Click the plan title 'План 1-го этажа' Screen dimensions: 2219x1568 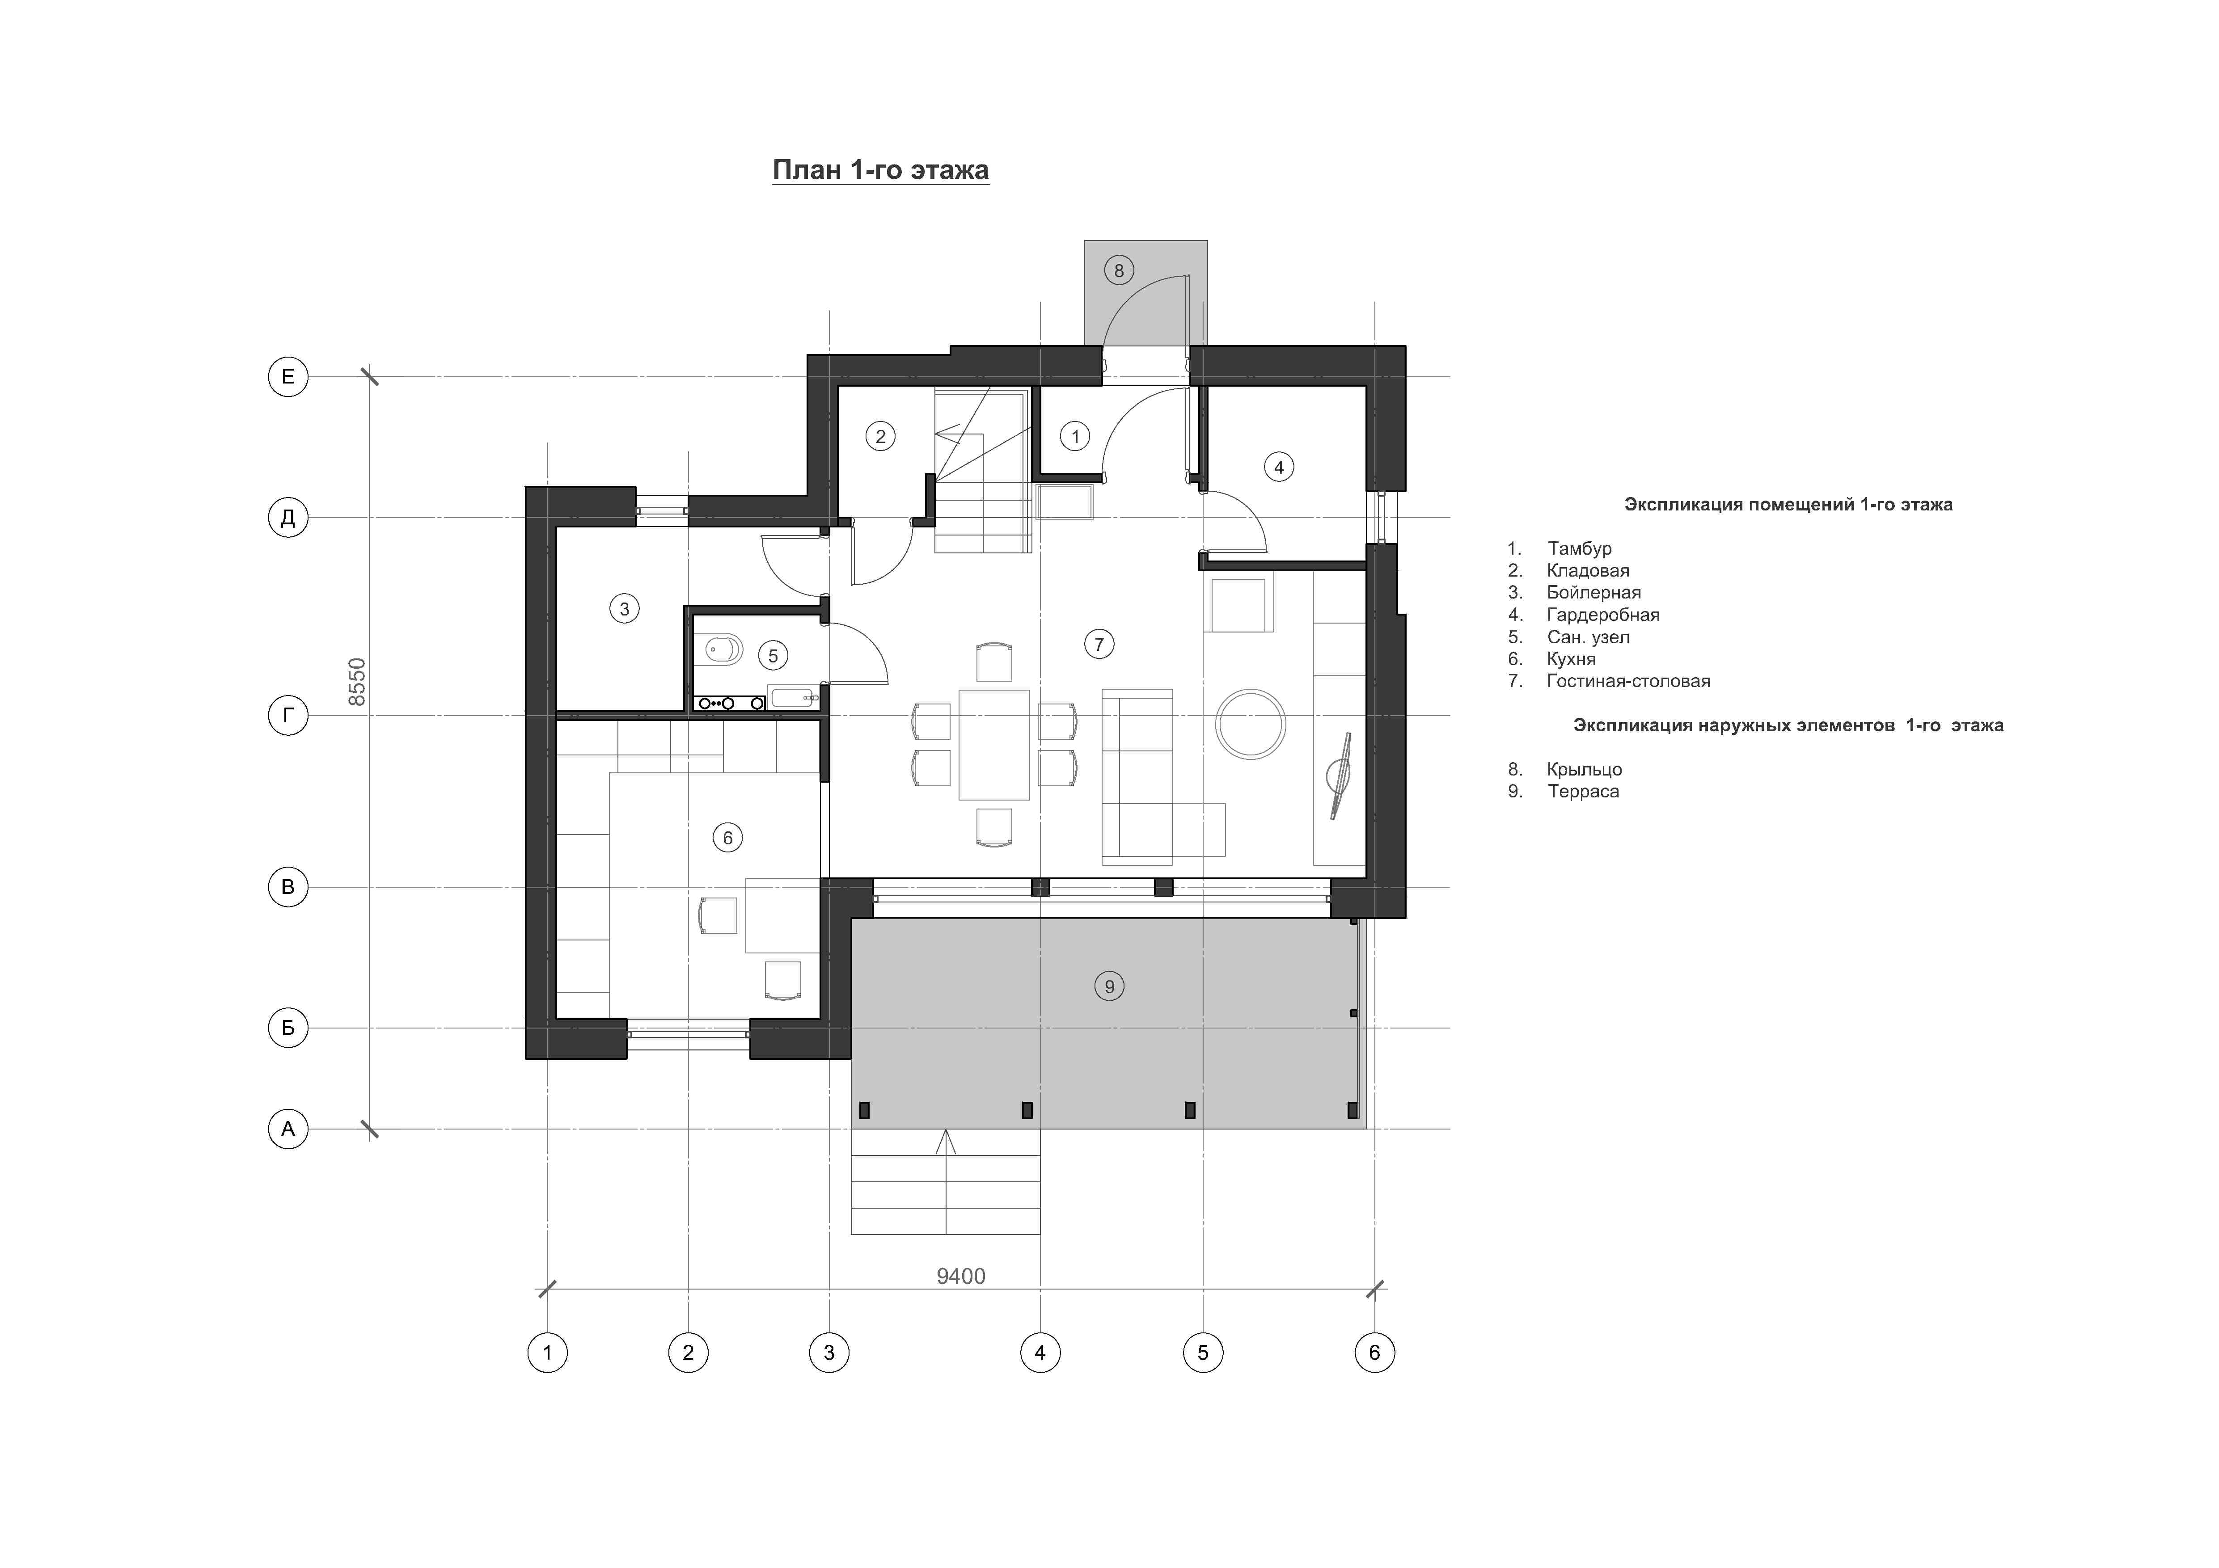pyautogui.click(x=880, y=170)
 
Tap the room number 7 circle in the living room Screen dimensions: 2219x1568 pyautogui.click(x=1099, y=644)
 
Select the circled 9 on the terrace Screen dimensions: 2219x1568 pyautogui.click(x=1110, y=986)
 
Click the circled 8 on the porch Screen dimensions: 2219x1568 pyautogui.click(x=1119, y=270)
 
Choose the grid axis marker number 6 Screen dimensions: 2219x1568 pyautogui.click(x=1374, y=1353)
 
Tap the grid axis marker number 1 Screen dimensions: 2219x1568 pyautogui.click(x=547, y=1353)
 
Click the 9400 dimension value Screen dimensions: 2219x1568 pyautogui.click(x=961, y=1276)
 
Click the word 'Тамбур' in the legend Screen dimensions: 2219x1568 pyautogui.click(x=1579, y=549)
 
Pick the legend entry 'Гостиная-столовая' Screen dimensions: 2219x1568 pyautogui.click(x=1628, y=681)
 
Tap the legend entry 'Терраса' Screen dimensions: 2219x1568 pyautogui.click(x=1583, y=791)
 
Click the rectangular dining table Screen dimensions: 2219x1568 pyautogui.click(x=993, y=745)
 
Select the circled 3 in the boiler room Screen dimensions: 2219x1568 pyautogui.click(x=624, y=609)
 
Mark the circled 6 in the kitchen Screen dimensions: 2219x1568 pyautogui.click(x=728, y=838)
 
